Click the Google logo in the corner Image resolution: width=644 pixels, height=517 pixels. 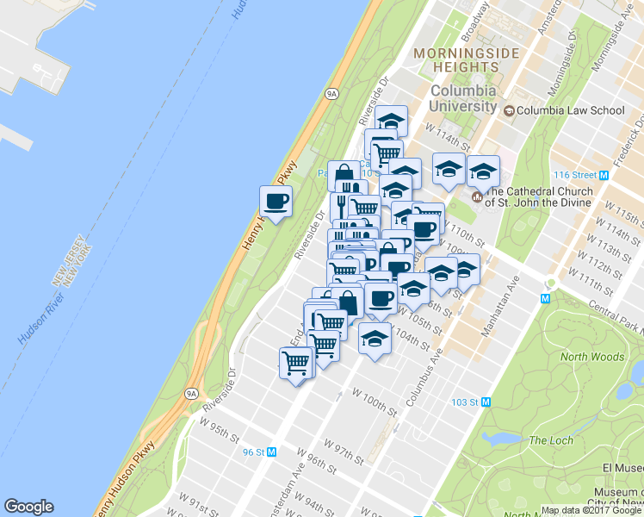click(28, 507)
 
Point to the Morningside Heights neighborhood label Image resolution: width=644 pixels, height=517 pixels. click(467, 61)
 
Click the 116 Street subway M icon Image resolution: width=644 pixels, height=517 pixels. click(604, 173)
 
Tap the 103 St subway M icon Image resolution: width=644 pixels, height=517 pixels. click(486, 402)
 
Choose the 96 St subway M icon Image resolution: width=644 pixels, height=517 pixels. click(272, 452)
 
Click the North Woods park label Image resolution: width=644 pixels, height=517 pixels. click(592, 357)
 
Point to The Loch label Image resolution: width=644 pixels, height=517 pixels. click(550, 440)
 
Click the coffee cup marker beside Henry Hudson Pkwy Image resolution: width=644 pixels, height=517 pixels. click(276, 202)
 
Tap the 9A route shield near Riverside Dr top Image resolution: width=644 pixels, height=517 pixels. click(331, 92)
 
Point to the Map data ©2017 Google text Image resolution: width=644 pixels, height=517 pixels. click(591, 510)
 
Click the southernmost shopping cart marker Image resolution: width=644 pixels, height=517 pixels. click(296, 364)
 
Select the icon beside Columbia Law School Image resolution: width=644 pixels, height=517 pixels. click(509, 110)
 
